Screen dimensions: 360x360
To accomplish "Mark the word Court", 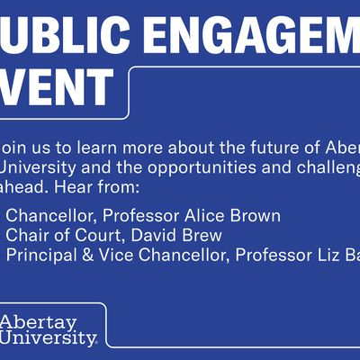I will (x=92, y=235).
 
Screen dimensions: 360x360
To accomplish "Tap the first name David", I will (x=146, y=235).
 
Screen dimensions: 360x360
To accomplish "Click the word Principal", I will (x=40, y=255).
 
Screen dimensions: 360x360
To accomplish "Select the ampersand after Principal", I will (x=85, y=255).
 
